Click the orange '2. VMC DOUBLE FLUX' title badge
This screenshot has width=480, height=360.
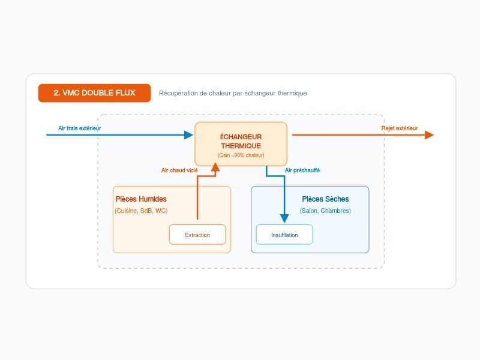click(x=94, y=93)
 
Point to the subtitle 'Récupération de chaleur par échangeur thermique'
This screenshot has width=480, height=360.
click(x=233, y=93)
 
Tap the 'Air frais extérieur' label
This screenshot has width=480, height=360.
click(x=80, y=128)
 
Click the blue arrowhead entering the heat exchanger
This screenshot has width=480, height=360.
click(x=188, y=135)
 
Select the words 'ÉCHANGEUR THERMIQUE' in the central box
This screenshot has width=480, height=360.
click(x=241, y=141)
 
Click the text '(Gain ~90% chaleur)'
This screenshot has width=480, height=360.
click(x=241, y=155)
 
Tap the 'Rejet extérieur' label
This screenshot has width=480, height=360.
click(x=400, y=128)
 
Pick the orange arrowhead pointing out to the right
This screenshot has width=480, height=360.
click(x=429, y=135)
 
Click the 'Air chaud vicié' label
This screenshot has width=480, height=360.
click(x=179, y=170)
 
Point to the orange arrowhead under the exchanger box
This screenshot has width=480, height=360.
click(x=215, y=167)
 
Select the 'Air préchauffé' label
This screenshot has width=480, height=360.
click(x=302, y=170)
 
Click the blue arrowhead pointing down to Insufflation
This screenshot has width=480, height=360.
click(x=284, y=218)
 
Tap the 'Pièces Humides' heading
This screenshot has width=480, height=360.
click(x=141, y=199)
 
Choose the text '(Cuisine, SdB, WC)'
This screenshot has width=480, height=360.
click(x=141, y=211)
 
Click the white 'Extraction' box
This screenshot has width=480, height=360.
click(x=197, y=235)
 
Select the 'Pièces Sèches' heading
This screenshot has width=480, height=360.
click(x=325, y=199)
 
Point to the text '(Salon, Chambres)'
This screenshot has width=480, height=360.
click(x=325, y=211)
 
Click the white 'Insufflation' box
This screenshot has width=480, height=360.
click(x=284, y=235)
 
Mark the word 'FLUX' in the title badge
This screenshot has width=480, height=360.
click(x=125, y=93)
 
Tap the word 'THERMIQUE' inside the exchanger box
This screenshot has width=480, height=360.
click(x=241, y=146)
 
